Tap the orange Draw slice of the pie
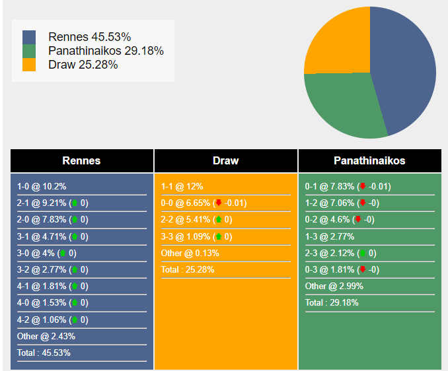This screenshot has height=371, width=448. (x=337, y=43)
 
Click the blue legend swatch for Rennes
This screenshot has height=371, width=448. (x=29, y=37)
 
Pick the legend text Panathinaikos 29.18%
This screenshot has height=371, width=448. (x=106, y=51)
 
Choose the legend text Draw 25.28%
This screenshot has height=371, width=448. (x=83, y=65)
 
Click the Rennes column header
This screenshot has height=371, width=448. (x=82, y=160)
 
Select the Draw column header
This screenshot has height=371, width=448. (x=226, y=160)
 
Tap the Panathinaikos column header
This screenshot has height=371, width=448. (x=369, y=160)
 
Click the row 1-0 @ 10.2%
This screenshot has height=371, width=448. (x=42, y=187)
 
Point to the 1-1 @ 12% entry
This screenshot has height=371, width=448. (x=182, y=187)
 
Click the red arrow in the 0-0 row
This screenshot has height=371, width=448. (x=219, y=203)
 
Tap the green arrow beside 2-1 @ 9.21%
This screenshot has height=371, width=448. (x=75, y=203)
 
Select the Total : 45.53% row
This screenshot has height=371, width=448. (x=44, y=353)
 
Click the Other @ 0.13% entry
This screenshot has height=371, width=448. (x=190, y=253)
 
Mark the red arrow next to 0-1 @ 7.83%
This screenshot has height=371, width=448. (x=362, y=187)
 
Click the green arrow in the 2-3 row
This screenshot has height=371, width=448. (x=362, y=253)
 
